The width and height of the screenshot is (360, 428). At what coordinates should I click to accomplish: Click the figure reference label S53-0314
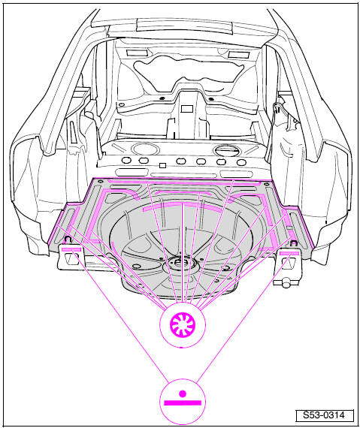click(325, 415)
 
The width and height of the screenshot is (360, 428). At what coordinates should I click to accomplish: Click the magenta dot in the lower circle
click(183, 393)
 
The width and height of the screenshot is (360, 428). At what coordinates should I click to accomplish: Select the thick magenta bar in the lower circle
click(183, 403)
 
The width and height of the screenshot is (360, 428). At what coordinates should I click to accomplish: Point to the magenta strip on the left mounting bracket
click(71, 249)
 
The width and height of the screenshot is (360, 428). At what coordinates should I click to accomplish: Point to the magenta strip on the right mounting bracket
click(289, 254)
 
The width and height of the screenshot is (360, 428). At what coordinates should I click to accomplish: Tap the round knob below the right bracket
click(286, 282)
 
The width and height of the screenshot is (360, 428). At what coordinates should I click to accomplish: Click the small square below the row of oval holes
click(163, 165)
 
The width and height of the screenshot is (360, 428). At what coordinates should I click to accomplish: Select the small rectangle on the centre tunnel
click(187, 109)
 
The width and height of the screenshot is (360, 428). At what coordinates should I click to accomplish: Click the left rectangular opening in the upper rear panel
click(137, 53)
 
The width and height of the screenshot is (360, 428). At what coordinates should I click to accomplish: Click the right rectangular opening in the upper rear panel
click(239, 54)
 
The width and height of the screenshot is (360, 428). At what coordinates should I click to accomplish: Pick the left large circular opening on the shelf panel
click(145, 149)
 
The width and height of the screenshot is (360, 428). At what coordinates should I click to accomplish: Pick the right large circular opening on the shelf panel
click(226, 150)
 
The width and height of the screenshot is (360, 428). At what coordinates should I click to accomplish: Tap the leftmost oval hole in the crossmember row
click(126, 160)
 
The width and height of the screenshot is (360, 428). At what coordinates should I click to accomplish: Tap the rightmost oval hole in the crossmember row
click(241, 162)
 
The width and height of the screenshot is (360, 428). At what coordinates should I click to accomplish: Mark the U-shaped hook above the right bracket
click(294, 243)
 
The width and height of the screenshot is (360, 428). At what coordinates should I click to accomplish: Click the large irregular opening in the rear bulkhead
click(189, 71)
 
